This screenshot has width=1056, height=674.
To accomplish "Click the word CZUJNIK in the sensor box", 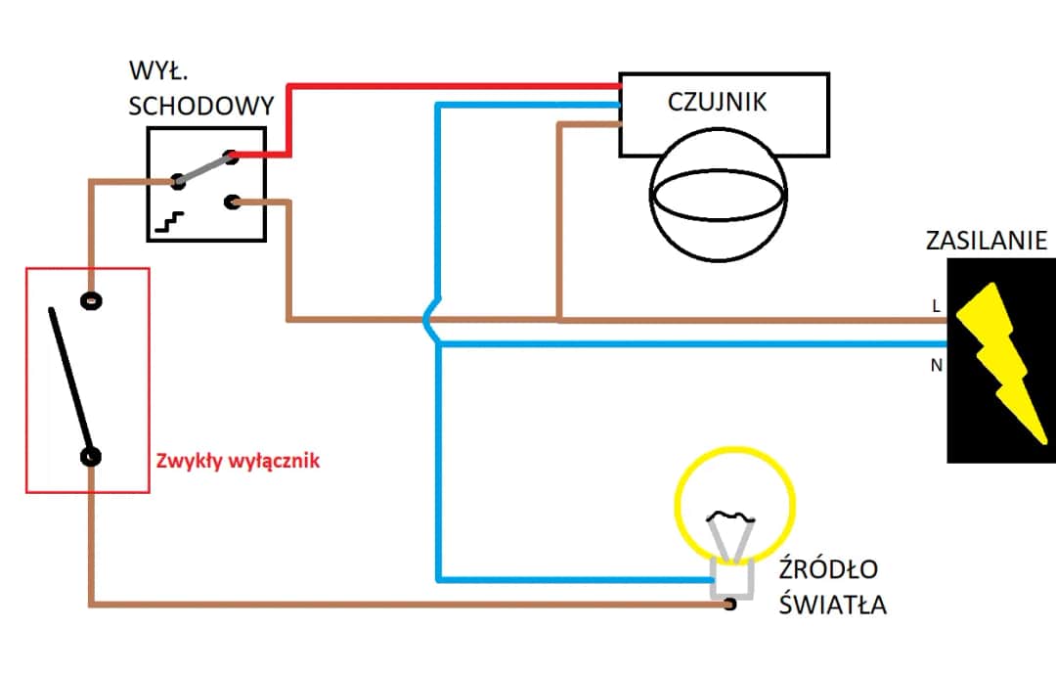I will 717,101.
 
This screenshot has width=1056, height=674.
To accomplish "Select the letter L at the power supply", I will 935,306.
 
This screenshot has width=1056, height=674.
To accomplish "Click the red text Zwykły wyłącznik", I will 238,461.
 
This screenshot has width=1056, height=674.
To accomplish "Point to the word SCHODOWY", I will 200,105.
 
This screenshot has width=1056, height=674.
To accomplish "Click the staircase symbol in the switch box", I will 171,221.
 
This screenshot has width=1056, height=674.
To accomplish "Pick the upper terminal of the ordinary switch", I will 91,301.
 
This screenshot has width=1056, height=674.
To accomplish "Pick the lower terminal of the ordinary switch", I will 91,456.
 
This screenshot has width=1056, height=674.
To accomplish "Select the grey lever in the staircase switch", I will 204,167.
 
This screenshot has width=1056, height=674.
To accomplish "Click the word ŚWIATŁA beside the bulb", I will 833,605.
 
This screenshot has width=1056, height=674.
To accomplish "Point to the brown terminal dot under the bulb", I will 729,605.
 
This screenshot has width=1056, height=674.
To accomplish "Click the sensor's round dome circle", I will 718,196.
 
